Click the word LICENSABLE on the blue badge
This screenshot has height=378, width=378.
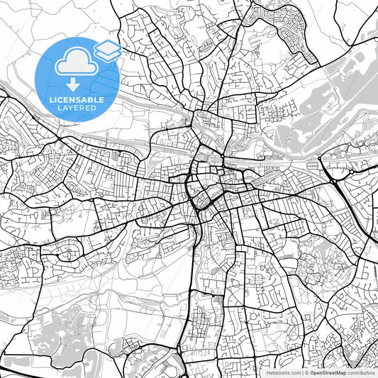[77, 100]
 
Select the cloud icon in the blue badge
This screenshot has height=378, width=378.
[76, 63]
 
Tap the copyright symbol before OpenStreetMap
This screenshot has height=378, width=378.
[306, 372]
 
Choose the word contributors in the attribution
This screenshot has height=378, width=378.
[361, 372]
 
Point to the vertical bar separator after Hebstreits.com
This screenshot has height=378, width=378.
[301, 372]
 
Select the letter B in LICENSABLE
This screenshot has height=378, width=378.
[91, 100]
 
